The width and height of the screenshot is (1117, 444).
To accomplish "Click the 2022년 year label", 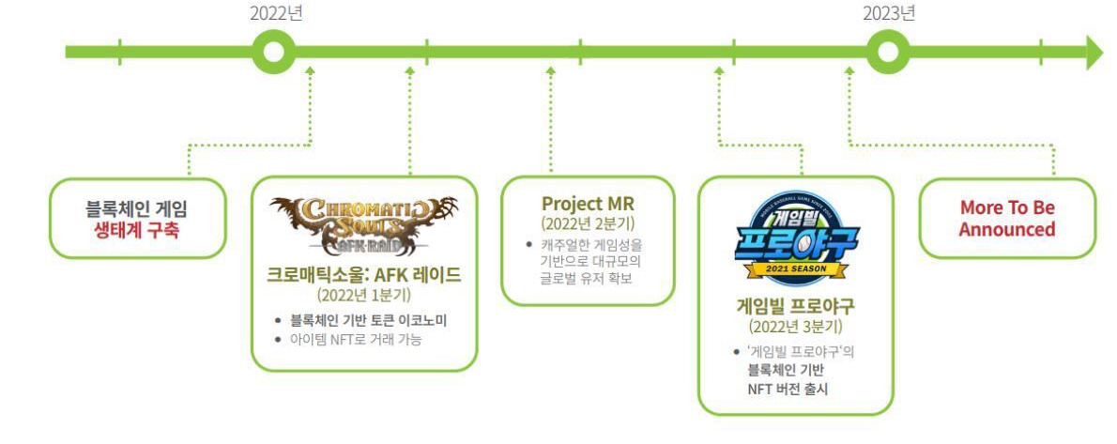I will pyautogui.click(x=276, y=13).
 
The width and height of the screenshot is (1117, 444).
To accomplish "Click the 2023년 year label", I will pyautogui.click(x=889, y=13).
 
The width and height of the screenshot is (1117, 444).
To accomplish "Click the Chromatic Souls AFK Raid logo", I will pyautogui.click(x=364, y=225).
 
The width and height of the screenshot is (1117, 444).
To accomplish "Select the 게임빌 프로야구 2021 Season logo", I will pyautogui.click(x=795, y=239).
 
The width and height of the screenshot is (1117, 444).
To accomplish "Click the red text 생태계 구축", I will pyautogui.click(x=137, y=230).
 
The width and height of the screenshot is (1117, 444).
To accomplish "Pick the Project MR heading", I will pyautogui.click(x=587, y=204).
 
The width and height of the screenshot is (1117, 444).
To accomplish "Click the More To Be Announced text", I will pyautogui.click(x=1006, y=219).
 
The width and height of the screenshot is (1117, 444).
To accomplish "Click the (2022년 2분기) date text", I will pyautogui.click(x=587, y=223).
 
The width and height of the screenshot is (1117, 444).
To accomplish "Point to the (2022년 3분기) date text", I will pyautogui.click(x=795, y=327).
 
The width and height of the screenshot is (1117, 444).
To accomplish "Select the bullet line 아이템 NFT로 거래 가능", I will pyautogui.click(x=355, y=339).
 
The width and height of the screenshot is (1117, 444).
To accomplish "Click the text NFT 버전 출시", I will pyautogui.click(x=787, y=387).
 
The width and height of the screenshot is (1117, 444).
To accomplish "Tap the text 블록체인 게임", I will pyautogui.click(x=137, y=209).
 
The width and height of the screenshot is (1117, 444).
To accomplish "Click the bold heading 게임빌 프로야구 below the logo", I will pyautogui.click(x=795, y=305).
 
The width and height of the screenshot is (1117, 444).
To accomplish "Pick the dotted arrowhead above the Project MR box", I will pyautogui.click(x=551, y=69).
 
